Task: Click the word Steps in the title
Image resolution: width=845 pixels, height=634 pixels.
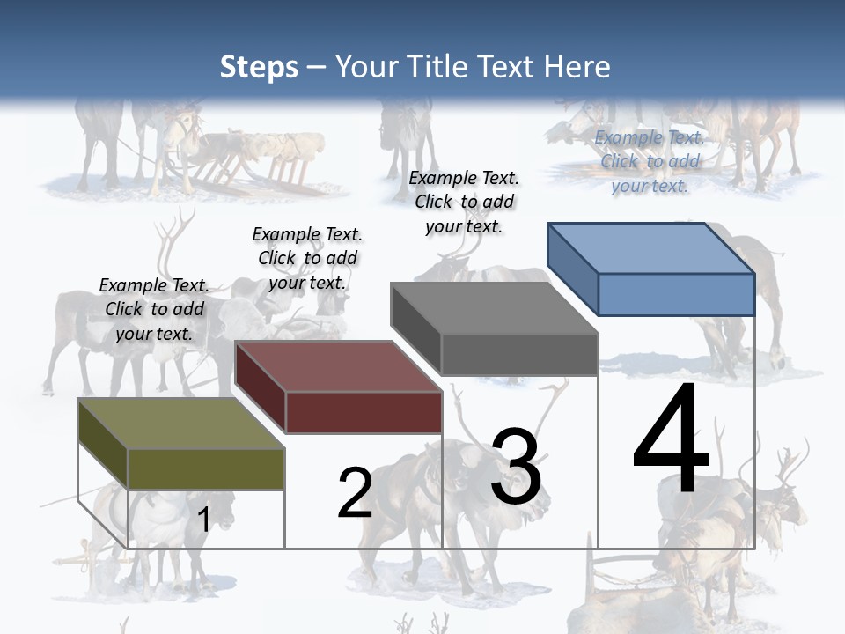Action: tap(259, 68)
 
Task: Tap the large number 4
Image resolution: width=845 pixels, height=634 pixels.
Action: tap(671, 440)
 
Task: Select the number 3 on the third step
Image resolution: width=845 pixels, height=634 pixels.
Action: tap(516, 468)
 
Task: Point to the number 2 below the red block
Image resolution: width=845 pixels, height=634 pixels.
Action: tap(355, 494)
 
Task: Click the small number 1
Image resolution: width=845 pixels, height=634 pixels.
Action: tap(203, 520)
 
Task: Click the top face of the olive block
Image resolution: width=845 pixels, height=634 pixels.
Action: tap(180, 424)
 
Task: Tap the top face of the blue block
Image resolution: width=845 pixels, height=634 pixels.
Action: tap(650, 248)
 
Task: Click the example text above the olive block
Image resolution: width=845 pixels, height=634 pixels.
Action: tap(154, 309)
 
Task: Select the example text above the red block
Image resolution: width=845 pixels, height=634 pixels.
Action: tap(307, 258)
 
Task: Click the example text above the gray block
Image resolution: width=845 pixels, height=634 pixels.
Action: tap(464, 202)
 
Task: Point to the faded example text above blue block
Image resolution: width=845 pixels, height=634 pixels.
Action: tap(650, 161)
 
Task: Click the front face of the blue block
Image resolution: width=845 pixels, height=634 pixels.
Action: tap(676, 294)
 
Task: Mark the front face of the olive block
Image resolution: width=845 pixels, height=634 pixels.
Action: tap(206, 468)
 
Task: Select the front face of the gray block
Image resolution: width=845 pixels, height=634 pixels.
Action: tap(519, 355)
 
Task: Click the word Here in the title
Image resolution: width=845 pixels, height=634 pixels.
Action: tap(577, 68)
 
